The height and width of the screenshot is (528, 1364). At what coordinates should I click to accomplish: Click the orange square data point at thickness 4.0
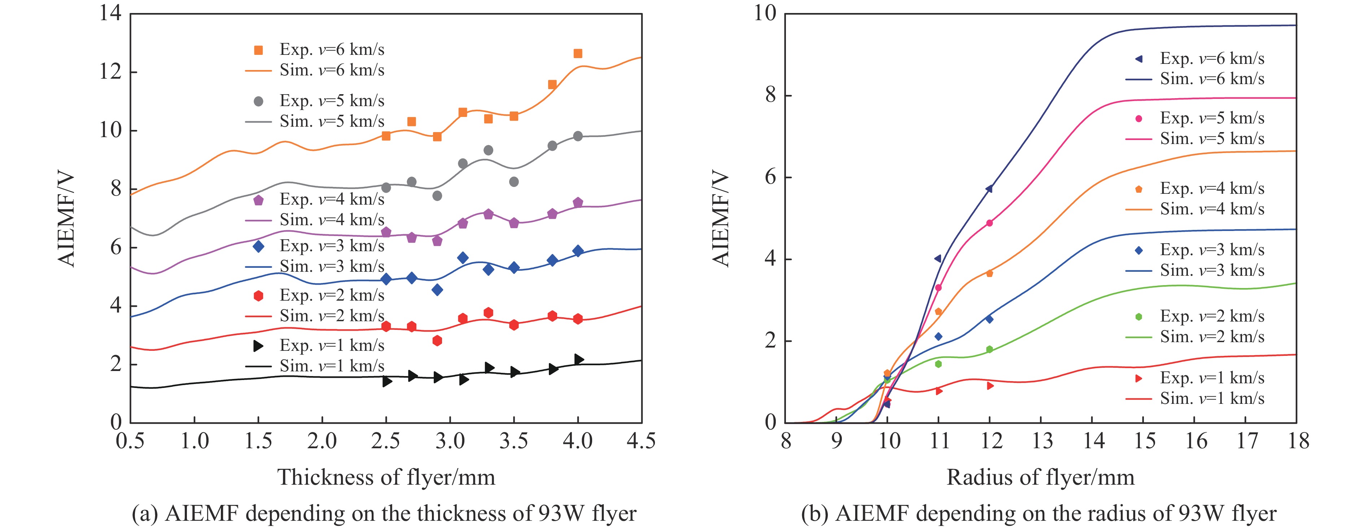tap(578, 53)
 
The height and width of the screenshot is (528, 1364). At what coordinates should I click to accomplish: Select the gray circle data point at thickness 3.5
tap(513, 182)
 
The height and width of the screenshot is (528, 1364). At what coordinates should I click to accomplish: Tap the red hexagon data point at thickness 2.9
tap(437, 341)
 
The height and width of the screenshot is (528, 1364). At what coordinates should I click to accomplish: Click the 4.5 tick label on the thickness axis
tap(641, 441)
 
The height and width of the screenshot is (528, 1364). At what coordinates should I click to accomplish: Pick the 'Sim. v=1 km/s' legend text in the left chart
tap(332, 366)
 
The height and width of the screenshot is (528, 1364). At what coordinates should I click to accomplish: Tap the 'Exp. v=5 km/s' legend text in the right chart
tap(1211, 118)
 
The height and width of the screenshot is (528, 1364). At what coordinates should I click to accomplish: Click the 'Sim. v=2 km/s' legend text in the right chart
tap(1211, 337)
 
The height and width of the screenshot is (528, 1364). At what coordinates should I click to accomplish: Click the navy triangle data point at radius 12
tap(989, 188)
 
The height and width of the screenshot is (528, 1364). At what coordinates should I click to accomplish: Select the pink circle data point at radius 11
tap(938, 288)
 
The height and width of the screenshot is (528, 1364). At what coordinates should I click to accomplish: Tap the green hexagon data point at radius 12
tap(989, 349)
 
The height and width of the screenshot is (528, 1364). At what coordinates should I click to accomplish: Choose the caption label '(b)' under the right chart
tap(813, 514)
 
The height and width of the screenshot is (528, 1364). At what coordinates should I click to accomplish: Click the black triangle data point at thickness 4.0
tap(579, 359)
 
